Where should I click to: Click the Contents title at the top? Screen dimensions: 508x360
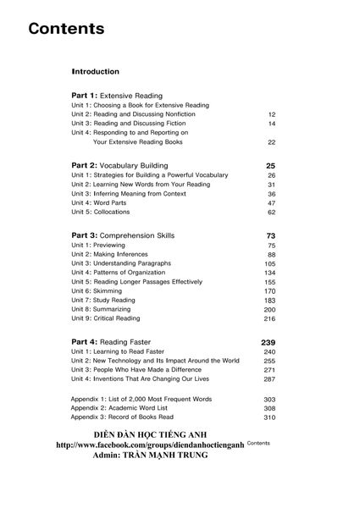(x=66, y=29)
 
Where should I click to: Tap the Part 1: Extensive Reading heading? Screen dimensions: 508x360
(x=117, y=96)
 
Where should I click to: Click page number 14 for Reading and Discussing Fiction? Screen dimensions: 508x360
(x=271, y=124)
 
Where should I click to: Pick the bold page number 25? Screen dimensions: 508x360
(x=271, y=165)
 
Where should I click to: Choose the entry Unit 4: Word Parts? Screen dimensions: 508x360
(x=102, y=203)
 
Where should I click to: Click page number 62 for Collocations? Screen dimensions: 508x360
(x=271, y=213)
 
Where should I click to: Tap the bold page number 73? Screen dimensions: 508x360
(x=271, y=235)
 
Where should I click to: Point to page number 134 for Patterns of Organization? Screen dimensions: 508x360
(x=269, y=273)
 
